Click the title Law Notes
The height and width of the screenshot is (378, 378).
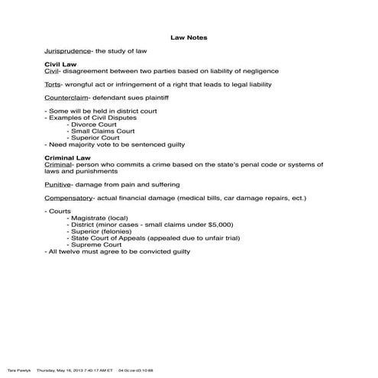point(189,36)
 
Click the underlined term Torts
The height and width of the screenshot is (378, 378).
point(53,84)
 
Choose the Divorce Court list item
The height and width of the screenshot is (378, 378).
point(94,124)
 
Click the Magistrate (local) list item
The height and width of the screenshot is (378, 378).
point(99,218)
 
